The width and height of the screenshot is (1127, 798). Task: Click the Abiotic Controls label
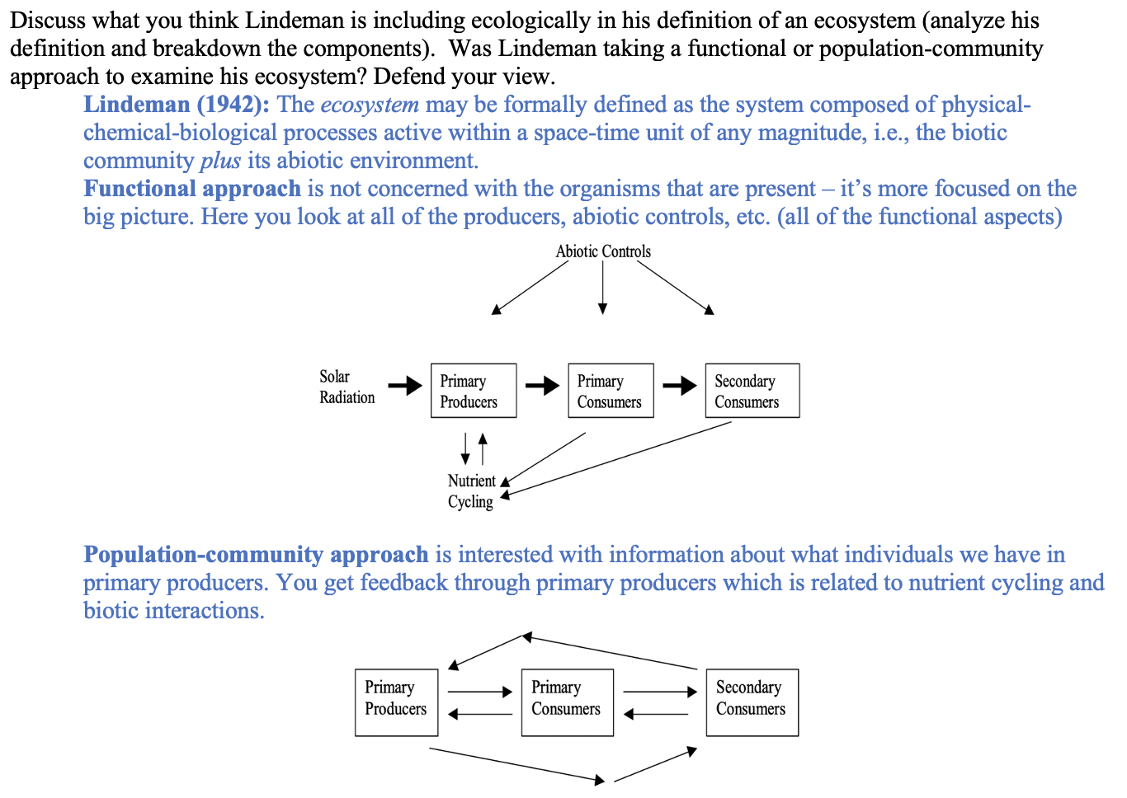point(603,251)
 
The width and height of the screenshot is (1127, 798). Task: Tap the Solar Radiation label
point(347,387)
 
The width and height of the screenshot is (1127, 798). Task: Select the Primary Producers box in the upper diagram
point(474,391)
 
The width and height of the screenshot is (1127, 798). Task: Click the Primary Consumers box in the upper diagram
point(611,391)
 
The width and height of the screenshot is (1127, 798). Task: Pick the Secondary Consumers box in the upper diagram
point(752,391)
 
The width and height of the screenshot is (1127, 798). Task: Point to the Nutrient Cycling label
point(471,491)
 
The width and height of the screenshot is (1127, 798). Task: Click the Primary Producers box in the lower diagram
point(396,702)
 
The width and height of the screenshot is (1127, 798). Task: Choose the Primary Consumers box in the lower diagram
point(567,702)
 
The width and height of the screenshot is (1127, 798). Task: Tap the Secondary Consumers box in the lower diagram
point(752,702)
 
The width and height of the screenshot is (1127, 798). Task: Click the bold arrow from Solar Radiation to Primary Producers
point(405,386)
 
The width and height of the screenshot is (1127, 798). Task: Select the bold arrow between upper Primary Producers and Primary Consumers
point(542,386)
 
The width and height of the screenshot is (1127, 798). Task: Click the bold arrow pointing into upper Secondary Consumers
point(680,386)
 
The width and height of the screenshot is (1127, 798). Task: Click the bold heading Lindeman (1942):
point(177,105)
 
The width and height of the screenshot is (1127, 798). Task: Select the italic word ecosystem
point(370,105)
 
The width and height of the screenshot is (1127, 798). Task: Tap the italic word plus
point(220,161)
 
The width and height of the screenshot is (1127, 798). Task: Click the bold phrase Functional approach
point(192,189)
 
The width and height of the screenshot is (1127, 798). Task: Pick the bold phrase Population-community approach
point(256,555)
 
